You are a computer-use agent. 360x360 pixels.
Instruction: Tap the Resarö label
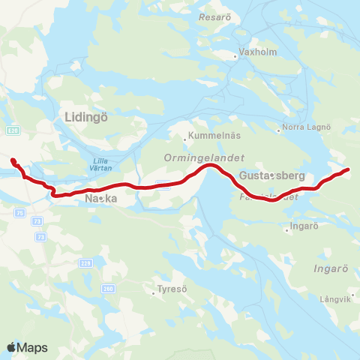point(214,16)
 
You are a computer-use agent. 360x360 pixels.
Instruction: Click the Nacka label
point(100,199)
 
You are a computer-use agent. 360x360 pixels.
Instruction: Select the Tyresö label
point(170,289)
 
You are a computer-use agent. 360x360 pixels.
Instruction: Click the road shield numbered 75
point(20,212)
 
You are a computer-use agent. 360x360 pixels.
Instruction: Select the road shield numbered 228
point(86,263)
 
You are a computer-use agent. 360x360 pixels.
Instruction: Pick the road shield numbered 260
point(109,289)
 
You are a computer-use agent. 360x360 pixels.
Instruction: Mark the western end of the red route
point(12,159)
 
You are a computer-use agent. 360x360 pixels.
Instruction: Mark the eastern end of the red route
point(348,170)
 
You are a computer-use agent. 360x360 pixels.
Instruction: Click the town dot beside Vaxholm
point(235,54)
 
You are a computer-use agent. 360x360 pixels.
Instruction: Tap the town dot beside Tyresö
point(153,294)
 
